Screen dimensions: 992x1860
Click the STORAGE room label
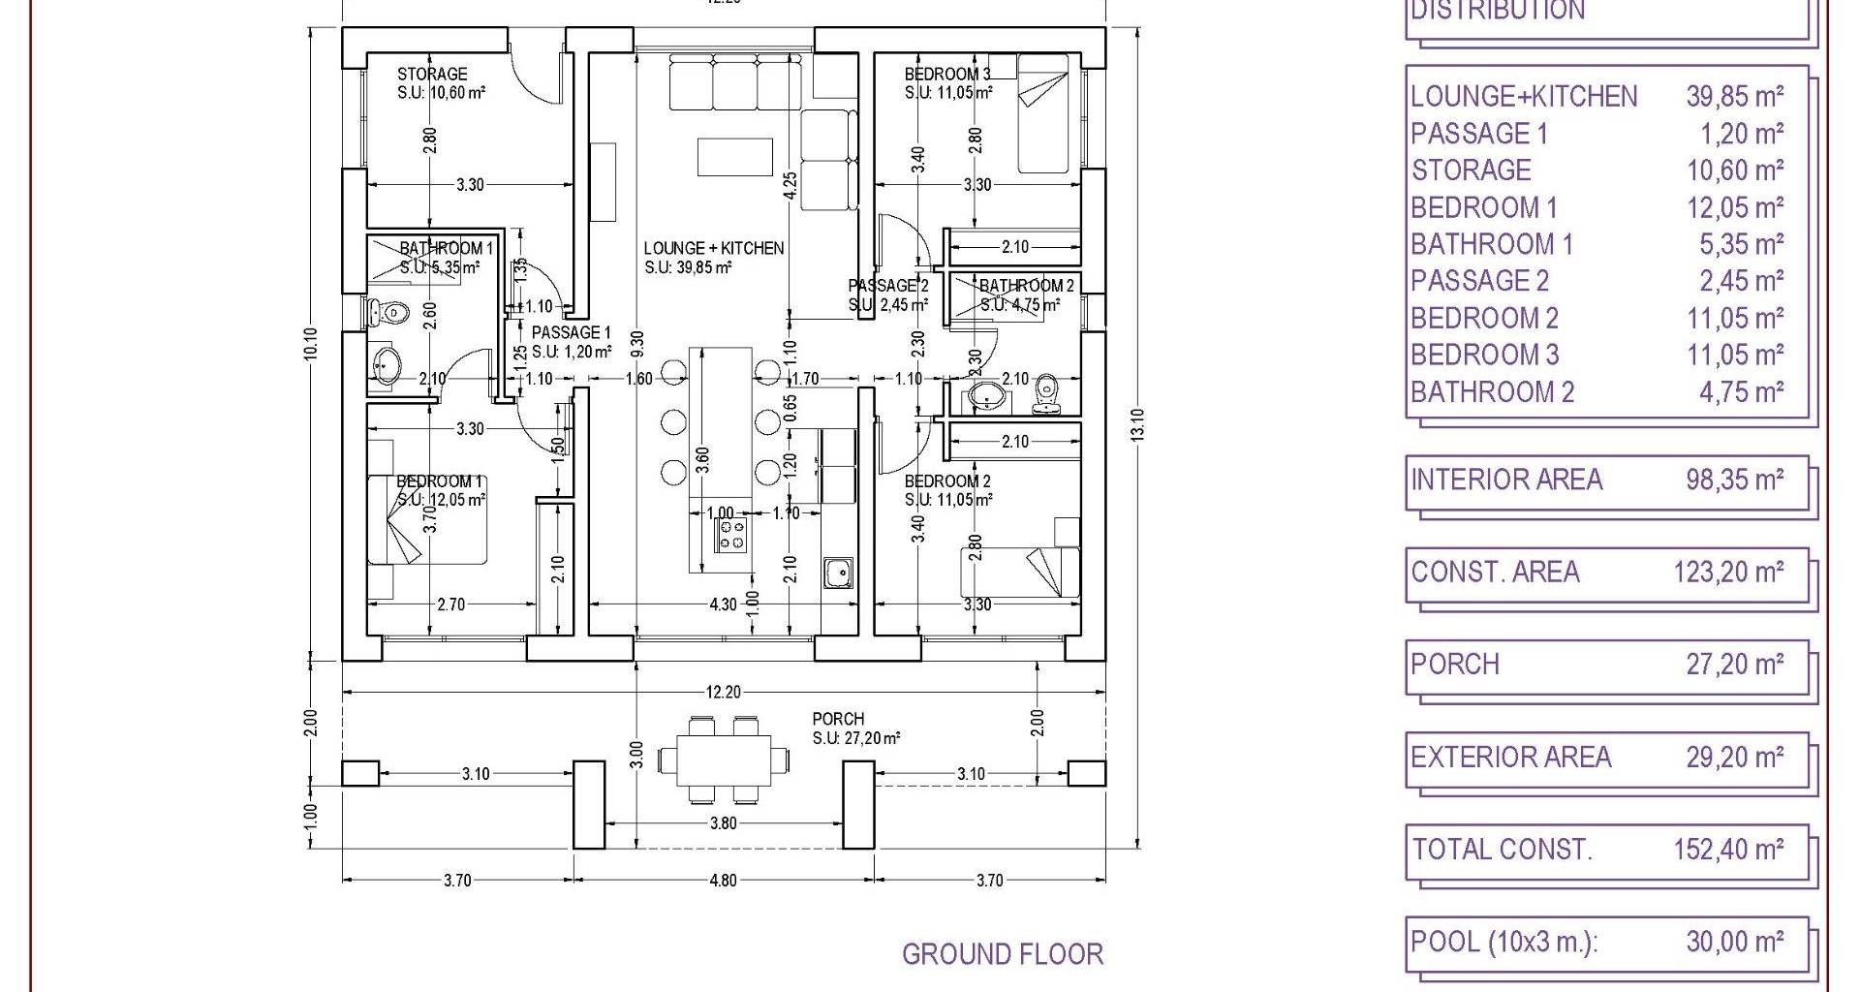coord(432,74)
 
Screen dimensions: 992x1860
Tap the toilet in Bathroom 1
coord(388,313)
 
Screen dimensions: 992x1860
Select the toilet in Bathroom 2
coord(1045,392)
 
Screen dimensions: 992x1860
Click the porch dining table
coord(724,761)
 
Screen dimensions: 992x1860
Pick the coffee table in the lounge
coord(734,157)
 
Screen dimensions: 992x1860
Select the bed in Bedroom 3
coord(1043,114)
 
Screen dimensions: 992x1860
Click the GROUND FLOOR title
coord(1003,954)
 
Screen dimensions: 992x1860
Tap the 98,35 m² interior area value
coord(1734,480)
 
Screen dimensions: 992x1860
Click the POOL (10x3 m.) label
coord(1503,942)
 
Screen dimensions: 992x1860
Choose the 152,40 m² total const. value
coord(1728,850)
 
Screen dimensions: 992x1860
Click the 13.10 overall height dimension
coord(1137,424)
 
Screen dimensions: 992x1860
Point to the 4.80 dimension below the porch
coord(723,881)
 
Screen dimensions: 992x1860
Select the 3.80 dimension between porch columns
coord(723,823)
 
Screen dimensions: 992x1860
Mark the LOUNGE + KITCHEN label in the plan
coord(714,248)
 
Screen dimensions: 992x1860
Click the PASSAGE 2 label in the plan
coord(887,286)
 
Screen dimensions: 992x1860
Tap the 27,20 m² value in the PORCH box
coord(1734,665)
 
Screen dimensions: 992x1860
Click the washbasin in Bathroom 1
coord(387,366)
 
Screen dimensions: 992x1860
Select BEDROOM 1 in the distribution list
coord(1483,207)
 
